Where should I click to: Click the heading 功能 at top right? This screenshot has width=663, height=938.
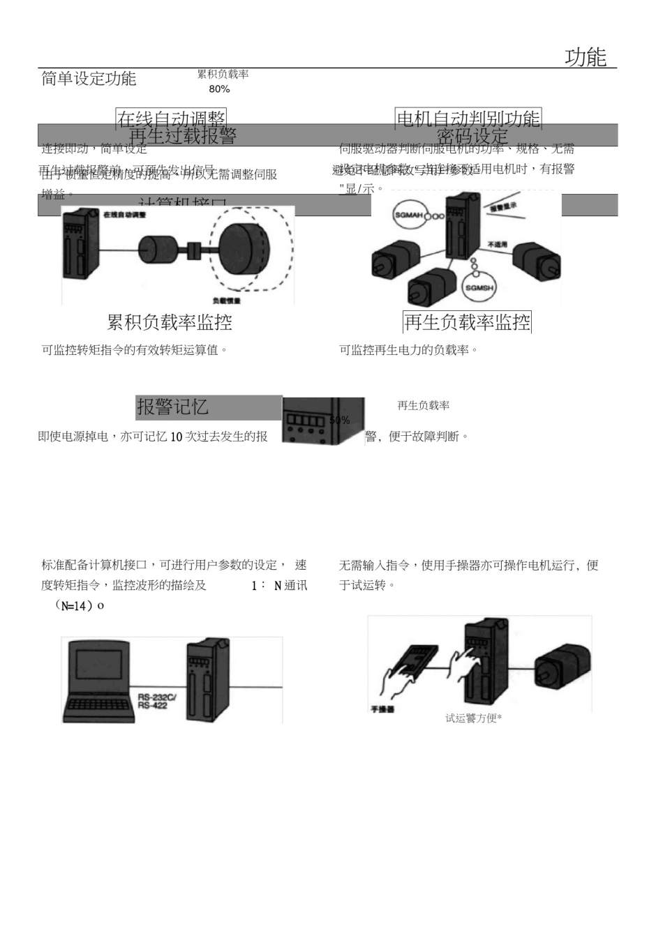coord(586,57)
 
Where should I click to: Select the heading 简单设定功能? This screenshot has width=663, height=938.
coord(89,79)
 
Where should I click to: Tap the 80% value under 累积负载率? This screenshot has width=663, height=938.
coord(219,89)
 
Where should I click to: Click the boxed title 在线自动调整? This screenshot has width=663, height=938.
coord(171,119)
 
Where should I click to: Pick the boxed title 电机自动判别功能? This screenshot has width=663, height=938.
coord(468,119)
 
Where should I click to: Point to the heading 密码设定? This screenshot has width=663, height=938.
coord(472,136)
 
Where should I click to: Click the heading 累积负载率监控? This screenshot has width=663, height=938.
coord(170,322)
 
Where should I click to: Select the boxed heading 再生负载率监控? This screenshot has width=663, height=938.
coord(467,322)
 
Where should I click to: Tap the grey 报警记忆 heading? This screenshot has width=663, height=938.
coord(172,407)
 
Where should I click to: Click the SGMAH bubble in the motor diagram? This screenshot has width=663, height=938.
coord(410,215)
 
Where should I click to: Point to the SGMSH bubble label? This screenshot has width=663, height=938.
coord(479,288)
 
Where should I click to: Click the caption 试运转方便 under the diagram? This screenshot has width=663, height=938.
coord(473,718)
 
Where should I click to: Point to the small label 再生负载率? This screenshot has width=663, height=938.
coord(423,406)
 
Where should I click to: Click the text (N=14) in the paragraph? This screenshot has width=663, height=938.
coord(79,606)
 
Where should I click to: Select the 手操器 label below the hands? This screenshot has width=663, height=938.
coord(382,709)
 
